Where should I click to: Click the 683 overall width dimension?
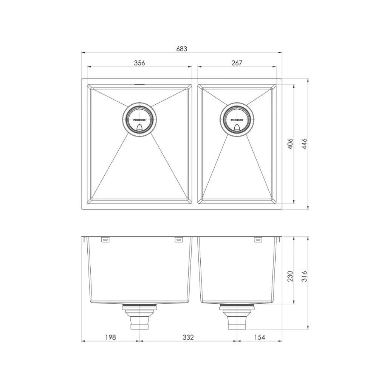point(182,49)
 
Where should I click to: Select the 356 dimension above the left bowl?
point(139,63)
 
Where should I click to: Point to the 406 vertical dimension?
point(290,144)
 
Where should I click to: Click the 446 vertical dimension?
point(305,144)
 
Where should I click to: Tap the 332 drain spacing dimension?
point(187,337)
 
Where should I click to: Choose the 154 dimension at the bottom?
point(259,337)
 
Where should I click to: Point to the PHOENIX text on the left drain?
point(139,120)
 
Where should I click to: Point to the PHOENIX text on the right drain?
point(237,120)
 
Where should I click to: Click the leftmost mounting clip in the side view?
point(105,239)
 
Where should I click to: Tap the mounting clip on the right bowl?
point(258,239)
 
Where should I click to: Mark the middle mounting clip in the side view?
point(178,239)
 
